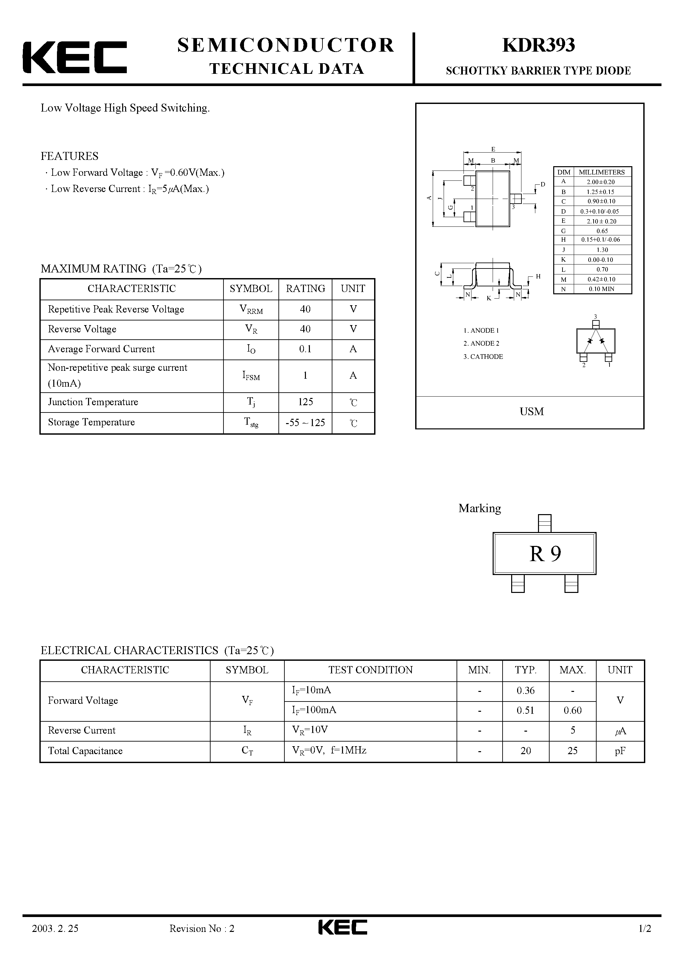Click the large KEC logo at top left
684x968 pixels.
pyautogui.click(x=74, y=57)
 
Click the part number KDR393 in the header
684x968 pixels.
pyautogui.click(x=539, y=46)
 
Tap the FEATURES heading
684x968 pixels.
pyautogui.click(x=70, y=156)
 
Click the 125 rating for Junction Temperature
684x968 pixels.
pyautogui.click(x=305, y=402)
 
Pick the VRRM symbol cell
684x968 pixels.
pyautogui.click(x=251, y=310)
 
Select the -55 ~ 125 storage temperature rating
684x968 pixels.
pyautogui.click(x=305, y=422)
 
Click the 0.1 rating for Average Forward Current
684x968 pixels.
pyautogui.click(x=305, y=349)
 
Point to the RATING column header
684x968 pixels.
pyautogui.click(x=305, y=289)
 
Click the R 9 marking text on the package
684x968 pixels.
pyautogui.click(x=545, y=554)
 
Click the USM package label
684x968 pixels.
pyautogui.click(x=532, y=411)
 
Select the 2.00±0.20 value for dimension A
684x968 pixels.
pyautogui.click(x=601, y=182)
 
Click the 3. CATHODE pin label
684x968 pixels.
pyautogui.click(x=483, y=357)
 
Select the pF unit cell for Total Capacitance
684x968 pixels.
pyautogui.click(x=620, y=751)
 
